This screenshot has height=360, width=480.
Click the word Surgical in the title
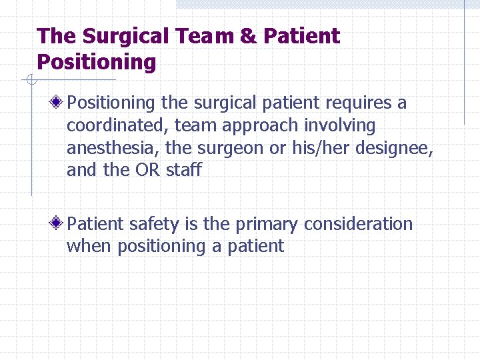(115, 37)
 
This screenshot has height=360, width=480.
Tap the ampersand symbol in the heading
(248, 36)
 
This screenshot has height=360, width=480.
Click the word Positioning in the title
(97, 63)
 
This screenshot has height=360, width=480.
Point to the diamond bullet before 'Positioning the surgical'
(59, 103)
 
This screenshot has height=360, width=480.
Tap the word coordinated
(117, 125)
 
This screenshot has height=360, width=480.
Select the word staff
(183, 169)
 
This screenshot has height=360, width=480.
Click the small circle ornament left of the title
(31, 81)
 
